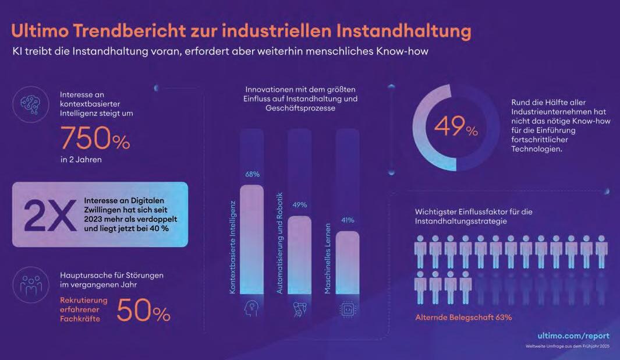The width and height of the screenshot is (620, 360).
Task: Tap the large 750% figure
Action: click(95, 139)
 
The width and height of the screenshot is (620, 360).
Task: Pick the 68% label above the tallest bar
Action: click(251, 174)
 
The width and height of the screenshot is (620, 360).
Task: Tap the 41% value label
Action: click(347, 220)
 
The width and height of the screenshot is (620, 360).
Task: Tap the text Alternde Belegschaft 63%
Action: click(463, 317)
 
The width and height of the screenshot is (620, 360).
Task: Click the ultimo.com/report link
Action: click(573, 336)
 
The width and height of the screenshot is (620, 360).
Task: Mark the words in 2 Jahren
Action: click(81, 160)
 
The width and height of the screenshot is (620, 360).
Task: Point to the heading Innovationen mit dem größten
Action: click(300, 90)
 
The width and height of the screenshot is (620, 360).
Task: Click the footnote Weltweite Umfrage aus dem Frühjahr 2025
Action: click(568, 348)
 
